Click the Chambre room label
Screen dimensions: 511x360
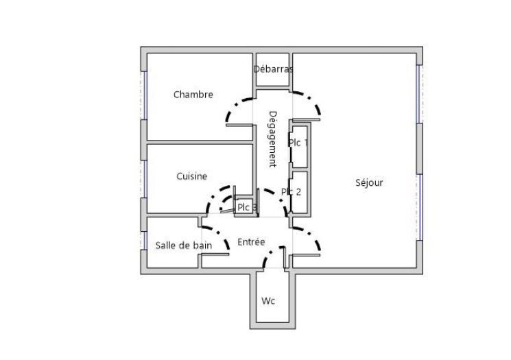[193, 95]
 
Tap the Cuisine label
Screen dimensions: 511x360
[191, 176]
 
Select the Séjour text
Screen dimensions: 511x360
[369, 182]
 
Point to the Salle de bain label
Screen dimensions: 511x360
[184, 245]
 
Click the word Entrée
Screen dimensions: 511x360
[251, 242]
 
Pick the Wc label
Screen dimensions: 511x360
[268, 301]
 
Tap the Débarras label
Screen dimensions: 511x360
[273, 69]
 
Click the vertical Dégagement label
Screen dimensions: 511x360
[273, 139]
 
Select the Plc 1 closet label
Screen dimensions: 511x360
[298, 143]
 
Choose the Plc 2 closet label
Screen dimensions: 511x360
[291, 191]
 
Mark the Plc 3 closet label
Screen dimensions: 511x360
[247, 207]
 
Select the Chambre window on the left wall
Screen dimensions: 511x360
[144, 95]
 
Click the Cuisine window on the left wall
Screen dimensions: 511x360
[144, 179]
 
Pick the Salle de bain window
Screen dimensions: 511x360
[144, 241]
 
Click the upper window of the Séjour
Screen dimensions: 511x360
[419, 94]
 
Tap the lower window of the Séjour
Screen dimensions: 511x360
[419, 207]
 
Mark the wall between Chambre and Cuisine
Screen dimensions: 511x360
[200, 143]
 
